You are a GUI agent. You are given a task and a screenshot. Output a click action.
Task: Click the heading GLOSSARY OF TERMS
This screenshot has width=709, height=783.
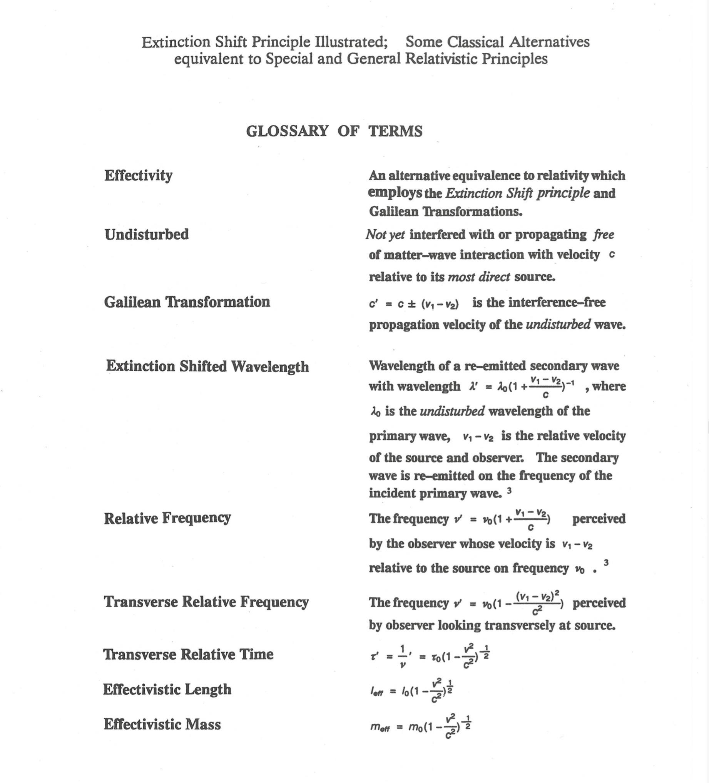[334, 131]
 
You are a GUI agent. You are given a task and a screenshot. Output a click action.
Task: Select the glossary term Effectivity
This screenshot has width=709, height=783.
[138, 176]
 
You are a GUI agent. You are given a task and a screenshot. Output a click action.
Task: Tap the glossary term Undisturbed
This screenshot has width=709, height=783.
[146, 235]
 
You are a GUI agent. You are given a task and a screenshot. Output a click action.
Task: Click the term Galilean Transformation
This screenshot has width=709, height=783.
[187, 302]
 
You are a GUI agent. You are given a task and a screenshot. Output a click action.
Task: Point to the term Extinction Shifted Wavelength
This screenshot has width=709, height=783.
[207, 366]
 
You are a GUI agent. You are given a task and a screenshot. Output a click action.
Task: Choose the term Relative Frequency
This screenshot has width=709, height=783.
[167, 518]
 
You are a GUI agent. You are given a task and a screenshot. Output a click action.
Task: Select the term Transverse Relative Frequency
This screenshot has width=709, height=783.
[206, 602]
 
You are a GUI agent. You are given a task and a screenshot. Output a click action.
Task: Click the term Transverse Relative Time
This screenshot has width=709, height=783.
[188, 654]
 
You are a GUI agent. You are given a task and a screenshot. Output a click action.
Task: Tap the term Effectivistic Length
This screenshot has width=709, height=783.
[167, 689]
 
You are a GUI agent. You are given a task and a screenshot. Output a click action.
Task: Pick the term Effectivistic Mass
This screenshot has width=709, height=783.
[162, 724]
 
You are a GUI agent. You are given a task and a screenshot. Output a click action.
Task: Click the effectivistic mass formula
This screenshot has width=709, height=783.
[421, 726]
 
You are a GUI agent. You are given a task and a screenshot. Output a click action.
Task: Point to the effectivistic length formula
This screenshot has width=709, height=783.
[412, 691]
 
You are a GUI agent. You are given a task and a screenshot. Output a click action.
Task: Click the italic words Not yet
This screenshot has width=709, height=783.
[385, 235]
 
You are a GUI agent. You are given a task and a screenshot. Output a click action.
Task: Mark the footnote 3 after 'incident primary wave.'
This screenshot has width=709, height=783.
[509, 491]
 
